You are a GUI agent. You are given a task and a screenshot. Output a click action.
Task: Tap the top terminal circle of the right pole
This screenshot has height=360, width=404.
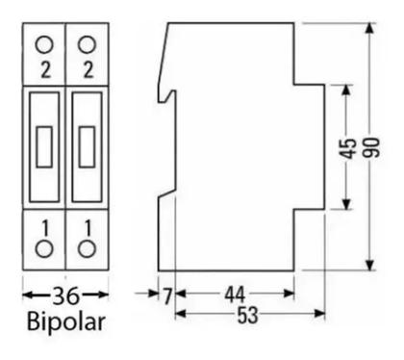[88, 43]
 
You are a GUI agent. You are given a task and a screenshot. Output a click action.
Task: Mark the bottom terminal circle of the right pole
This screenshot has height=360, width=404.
[88, 249]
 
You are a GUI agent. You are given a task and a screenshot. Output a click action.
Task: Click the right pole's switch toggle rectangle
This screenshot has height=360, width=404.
[88, 146]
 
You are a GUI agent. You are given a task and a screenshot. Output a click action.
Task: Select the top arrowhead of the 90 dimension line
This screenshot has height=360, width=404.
[371, 27]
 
